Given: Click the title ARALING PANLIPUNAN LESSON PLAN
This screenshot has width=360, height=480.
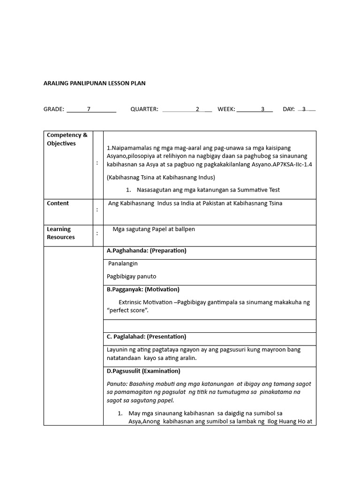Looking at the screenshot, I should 94,83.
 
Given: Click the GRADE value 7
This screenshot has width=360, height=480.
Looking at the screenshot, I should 89,109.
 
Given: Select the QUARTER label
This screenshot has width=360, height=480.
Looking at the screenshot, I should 144,109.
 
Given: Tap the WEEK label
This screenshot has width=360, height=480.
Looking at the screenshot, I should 226,109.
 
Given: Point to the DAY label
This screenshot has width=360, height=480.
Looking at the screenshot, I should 289,109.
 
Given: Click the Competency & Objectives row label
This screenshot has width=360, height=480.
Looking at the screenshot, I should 67,139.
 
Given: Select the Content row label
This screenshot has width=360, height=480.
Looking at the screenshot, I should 58,203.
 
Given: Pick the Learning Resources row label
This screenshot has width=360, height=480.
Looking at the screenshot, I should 60,233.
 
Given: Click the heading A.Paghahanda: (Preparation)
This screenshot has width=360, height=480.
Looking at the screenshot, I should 146,251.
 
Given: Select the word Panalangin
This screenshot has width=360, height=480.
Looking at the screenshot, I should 123,263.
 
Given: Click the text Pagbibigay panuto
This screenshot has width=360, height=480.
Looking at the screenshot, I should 131,277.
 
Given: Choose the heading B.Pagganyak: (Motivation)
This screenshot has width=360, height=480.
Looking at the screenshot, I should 143,289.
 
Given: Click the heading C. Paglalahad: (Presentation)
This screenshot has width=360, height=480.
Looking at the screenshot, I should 146,337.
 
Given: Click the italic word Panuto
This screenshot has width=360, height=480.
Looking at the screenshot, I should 116,383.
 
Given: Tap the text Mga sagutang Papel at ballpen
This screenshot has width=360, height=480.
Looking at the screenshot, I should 154,229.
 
